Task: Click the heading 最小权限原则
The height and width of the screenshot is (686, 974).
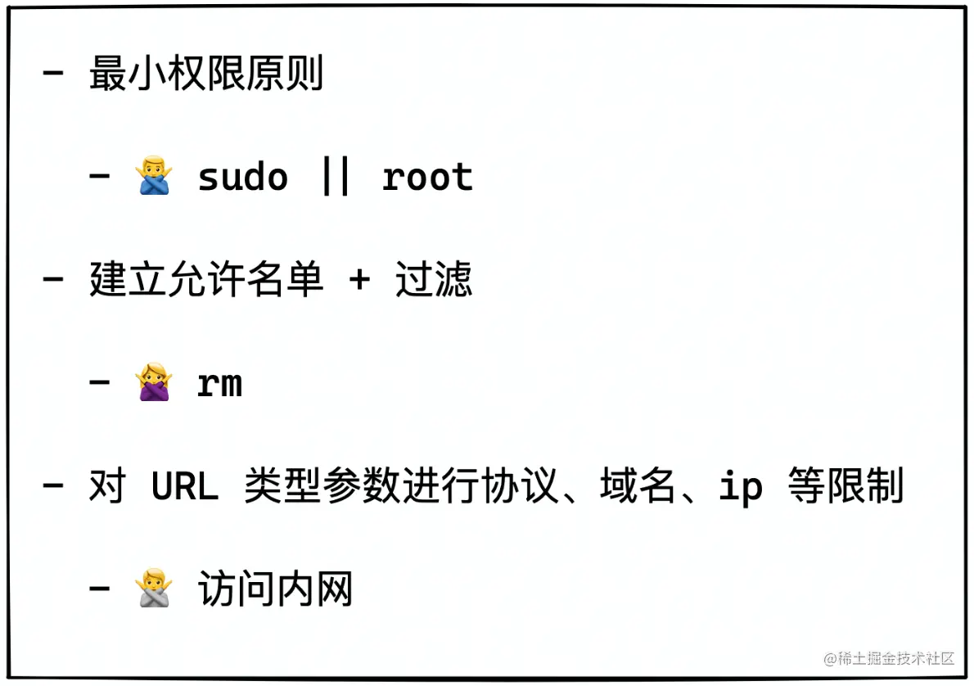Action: point(206,74)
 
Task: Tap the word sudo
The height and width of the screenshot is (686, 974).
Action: point(243,178)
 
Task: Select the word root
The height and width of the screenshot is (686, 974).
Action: point(427,178)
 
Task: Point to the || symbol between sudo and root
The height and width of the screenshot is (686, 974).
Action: point(336,178)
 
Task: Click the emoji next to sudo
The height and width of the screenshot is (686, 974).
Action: point(154,177)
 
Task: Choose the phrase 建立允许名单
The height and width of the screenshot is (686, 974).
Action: point(206,281)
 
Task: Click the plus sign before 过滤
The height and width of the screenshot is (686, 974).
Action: point(358,281)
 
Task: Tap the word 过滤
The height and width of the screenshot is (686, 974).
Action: point(434,281)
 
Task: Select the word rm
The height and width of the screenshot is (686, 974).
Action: point(220,384)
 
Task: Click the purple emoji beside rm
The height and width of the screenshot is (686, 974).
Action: point(154,383)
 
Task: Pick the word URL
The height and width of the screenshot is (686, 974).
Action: point(184,487)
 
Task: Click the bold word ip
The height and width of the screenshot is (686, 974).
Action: point(741,489)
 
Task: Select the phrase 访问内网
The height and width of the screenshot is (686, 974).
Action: point(275,590)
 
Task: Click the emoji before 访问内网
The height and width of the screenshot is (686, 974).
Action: point(154,589)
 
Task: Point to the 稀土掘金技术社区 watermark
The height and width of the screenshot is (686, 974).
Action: point(890,658)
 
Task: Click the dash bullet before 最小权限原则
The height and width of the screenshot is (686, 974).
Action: point(53,74)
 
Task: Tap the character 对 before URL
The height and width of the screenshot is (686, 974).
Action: point(107,487)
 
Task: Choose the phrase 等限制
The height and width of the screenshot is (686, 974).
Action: point(845,487)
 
